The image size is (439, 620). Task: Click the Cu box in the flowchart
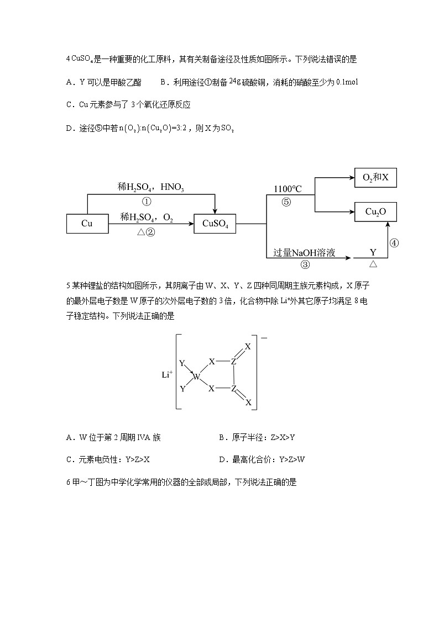pyautogui.click(x=87, y=224)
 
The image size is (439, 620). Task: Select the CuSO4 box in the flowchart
pyautogui.click(x=215, y=224)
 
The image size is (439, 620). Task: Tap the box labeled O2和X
pyautogui.click(x=375, y=178)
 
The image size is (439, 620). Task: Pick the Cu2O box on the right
pyautogui.click(x=375, y=211)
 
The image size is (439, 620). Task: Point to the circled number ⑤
pyautogui.click(x=286, y=202)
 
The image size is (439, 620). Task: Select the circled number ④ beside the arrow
pyautogui.click(x=394, y=243)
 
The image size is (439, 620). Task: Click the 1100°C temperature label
pyautogui.click(x=288, y=189)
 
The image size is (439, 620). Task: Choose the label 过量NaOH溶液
pyautogui.click(x=304, y=253)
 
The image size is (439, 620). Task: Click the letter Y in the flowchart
pyautogui.click(x=373, y=253)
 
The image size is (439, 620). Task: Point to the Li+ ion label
pyautogui.click(x=167, y=374)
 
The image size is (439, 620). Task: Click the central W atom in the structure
pyautogui.click(x=196, y=378)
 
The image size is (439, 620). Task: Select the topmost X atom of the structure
pyautogui.click(x=248, y=347)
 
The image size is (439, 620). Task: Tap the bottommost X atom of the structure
pyautogui.click(x=248, y=402)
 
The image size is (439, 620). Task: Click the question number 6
pyautogui.click(x=67, y=482)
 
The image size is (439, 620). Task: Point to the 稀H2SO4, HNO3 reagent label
pyautogui.click(x=150, y=187)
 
